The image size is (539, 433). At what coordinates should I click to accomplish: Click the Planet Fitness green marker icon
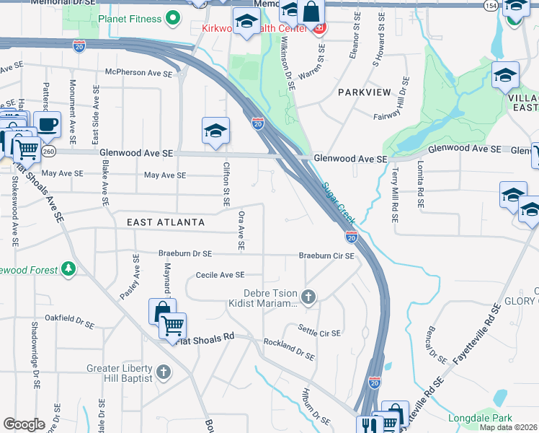(x=172, y=17)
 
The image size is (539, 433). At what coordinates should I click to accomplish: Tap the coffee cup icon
(x=48, y=124)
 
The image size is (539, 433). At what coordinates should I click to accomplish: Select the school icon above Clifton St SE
(x=215, y=131)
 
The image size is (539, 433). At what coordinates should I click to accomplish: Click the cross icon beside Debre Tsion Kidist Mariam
(x=308, y=296)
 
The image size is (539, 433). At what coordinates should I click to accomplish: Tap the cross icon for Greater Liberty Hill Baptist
(x=164, y=372)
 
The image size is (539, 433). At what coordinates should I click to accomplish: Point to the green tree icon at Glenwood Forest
(x=68, y=269)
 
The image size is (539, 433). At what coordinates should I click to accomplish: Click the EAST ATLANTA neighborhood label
(x=166, y=222)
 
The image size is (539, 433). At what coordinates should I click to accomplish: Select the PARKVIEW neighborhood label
(x=364, y=92)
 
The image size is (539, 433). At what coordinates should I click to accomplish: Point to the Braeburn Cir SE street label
(x=326, y=256)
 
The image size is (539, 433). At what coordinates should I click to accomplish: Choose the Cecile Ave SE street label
(x=220, y=275)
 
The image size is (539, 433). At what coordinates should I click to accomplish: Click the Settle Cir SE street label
(x=319, y=333)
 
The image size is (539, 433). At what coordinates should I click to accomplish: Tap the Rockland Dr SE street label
(x=289, y=350)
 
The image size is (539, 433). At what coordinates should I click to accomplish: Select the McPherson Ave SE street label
(x=138, y=74)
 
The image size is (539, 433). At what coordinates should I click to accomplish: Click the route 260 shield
(x=49, y=152)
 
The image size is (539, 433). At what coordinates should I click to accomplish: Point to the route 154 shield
(x=491, y=6)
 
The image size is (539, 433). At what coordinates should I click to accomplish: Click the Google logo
(x=24, y=424)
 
